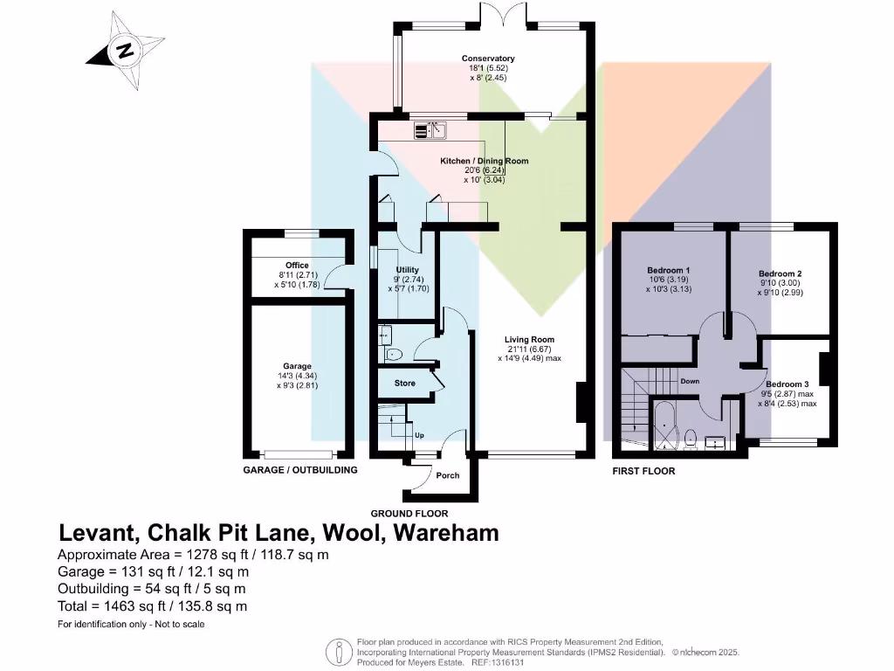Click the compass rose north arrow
[x=126, y=51]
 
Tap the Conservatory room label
[x=489, y=59]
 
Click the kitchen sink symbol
[x=431, y=131]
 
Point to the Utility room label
[x=408, y=270]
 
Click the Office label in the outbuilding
[x=297, y=265]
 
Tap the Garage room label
[x=297, y=366]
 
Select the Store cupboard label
[x=405, y=384]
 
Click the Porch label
[x=447, y=475]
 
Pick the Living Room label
[x=529, y=340]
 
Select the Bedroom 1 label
[x=670, y=270]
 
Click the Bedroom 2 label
[x=780, y=273]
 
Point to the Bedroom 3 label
[x=787, y=384]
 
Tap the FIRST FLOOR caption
[x=644, y=471]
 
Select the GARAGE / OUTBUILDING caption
[x=300, y=470]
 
